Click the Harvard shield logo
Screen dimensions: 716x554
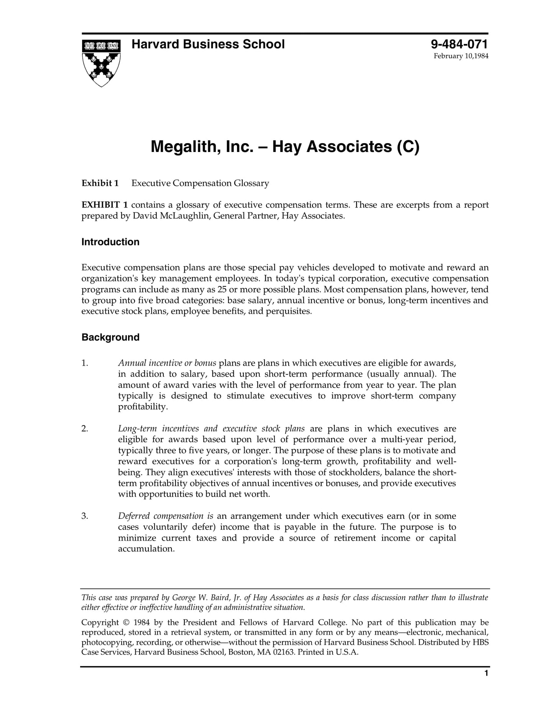pyautogui.click(x=101, y=63)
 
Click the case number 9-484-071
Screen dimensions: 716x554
pyautogui.click(x=459, y=44)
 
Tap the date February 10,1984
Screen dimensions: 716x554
pyautogui.click(x=461, y=56)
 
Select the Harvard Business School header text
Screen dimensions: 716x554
pyautogui.click(x=208, y=44)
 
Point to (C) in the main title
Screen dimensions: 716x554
pyautogui.click(x=408, y=147)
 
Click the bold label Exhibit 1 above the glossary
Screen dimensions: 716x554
pyautogui.click(x=100, y=183)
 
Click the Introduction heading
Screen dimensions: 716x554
pyautogui.click(x=110, y=242)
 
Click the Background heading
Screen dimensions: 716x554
pyautogui.click(x=110, y=337)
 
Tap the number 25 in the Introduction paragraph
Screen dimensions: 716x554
pyautogui.click(x=222, y=289)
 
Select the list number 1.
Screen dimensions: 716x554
pyautogui.click(x=85, y=363)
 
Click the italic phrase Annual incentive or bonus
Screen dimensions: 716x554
pyautogui.click(x=167, y=363)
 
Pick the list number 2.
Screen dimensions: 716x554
pyautogui.click(x=85, y=429)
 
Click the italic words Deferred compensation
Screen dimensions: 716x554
pyautogui.click(x=161, y=516)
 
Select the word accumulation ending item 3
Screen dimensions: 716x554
pyautogui.click(x=146, y=549)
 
